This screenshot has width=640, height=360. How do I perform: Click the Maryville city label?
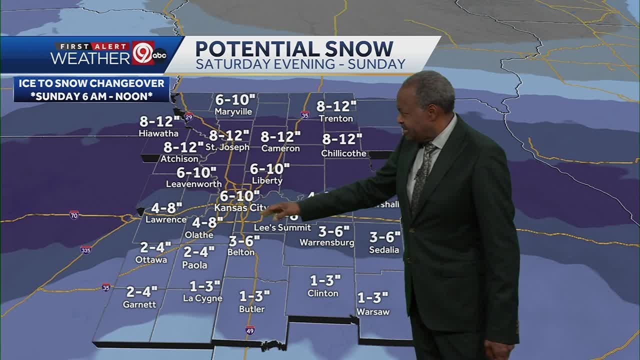tap(233, 111)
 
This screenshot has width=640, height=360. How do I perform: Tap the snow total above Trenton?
tap(336, 106)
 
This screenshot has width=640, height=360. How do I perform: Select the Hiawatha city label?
tap(158, 133)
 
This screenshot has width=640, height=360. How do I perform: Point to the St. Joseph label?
tap(227, 147)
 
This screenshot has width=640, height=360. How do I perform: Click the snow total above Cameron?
tap(280, 136)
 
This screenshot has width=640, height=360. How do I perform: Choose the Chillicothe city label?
tap(343, 153)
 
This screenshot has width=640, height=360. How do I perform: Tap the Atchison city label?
tap(179, 159)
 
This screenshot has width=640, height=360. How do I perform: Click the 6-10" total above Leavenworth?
tap(196, 172)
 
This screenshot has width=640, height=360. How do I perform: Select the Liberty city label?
tap(267, 180)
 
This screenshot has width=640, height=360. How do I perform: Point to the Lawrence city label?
tap(165, 219)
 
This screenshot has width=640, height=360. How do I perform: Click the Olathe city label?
tap(199, 234)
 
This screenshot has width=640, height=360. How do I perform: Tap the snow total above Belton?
tap(244, 241)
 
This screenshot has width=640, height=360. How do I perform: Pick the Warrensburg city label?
tap(326, 243)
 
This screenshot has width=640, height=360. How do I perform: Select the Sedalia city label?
tap(384, 249)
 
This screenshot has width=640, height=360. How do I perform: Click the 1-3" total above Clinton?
tap(325, 280)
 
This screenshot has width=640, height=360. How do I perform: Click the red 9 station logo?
tap(142, 53)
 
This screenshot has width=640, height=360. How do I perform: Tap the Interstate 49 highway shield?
tap(250, 330)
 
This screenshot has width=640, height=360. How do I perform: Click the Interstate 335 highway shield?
tap(86, 249)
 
